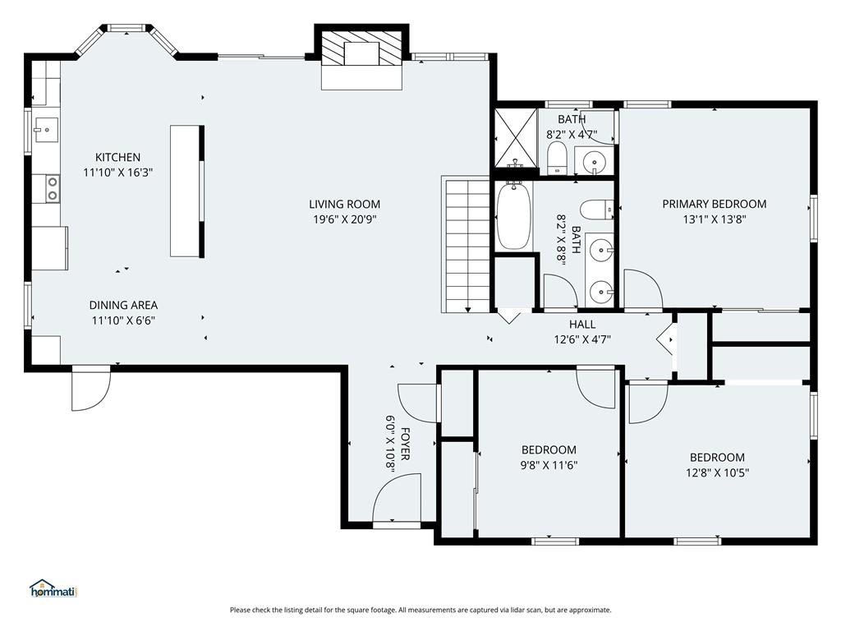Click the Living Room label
point(344,204)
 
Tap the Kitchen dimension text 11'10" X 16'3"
point(118,173)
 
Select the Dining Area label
point(123,306)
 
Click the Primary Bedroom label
point(714,204)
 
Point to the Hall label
point(582,324)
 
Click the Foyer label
point(406,444)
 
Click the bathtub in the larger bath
point(514,216)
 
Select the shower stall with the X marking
point(515,138)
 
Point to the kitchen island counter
point(185,191)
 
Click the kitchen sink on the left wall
point(46,129)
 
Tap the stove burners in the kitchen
point(53,188)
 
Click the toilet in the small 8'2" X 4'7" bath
point(557,158)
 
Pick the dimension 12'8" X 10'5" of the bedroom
point(717,472)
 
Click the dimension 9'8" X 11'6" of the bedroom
point(549,465)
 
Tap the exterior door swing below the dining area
point(91,389)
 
